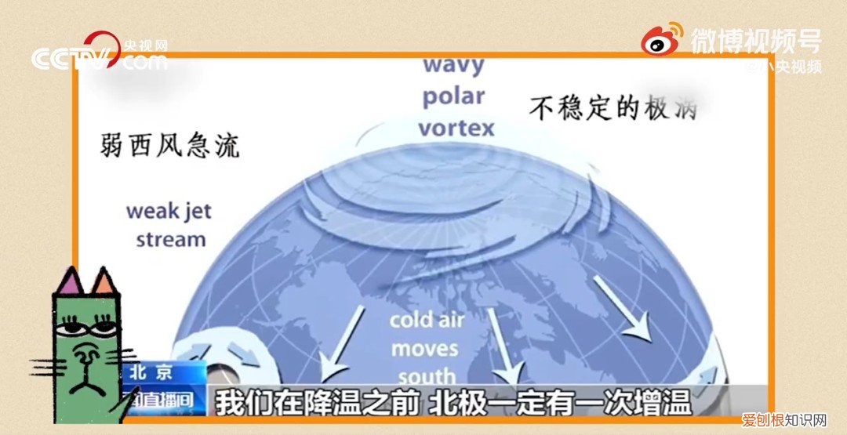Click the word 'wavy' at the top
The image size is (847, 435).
[x=453, y=64]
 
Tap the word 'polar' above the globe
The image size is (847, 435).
[x=453, y=96]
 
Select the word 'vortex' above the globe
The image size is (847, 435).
[x=456, y=128]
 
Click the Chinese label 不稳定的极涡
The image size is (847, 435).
[x=613, y=107]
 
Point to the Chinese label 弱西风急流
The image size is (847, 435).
[x=169, y=145]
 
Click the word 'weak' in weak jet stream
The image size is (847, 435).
[x=154, y=211]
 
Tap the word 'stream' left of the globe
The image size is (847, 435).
[x=170, y=238]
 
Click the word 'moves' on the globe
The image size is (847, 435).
[x=424, y=347]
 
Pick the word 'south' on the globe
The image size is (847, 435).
[x=426, y=374]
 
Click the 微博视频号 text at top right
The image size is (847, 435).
[x=755, y=40]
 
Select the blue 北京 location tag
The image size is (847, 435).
[x=154, y=372]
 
